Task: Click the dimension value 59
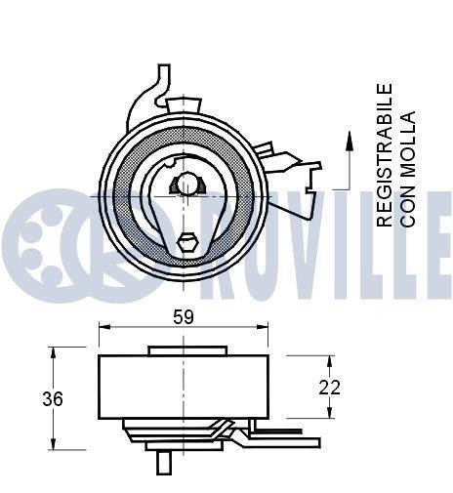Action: pos(182,317)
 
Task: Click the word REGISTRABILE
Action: pos(386,155)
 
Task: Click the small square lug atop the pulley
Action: pos(183,103)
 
